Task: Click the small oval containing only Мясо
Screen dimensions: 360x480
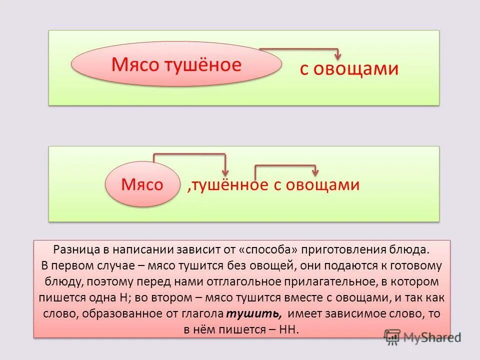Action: point(142,184)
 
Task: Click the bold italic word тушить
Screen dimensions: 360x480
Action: point(254,313)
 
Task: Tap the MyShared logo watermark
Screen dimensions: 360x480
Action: point(422,337)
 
